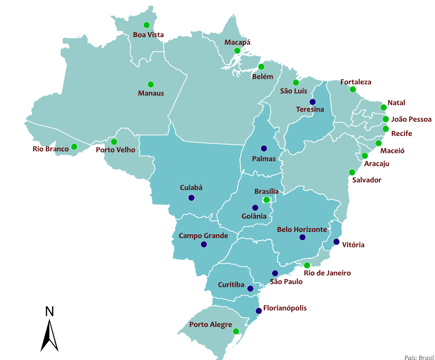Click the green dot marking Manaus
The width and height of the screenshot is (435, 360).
tap(151, 84)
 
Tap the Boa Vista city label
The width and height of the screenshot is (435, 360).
tap(148, 35)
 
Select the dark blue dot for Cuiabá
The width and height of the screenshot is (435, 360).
tap(191, 198)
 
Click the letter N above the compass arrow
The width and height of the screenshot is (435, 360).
tap(49, 312)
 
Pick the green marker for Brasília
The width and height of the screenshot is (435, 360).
tap(266, 200)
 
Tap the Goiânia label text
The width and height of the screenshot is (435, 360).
tap(254, 216)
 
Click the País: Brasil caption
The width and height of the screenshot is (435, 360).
tap(418, 357)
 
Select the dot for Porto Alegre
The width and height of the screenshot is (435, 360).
tap(236, 331)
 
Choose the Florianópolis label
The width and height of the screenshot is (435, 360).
tap(285, 308)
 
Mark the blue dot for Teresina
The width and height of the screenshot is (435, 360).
tap(313, 102)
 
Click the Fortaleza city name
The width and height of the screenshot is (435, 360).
tap(356, 82)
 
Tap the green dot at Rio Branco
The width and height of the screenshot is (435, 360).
tap(74, 147)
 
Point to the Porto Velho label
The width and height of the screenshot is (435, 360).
tap(116, 150)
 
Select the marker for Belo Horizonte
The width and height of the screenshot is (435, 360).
tap(302, 237)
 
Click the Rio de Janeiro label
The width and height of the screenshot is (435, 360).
tap(327, 273)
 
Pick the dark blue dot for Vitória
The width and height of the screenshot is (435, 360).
tap(336, 242)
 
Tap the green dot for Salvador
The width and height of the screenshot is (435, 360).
tap(352, 172)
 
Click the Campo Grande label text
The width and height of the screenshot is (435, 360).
tap(203, 236)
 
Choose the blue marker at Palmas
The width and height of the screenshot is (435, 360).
tap(264, 148)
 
